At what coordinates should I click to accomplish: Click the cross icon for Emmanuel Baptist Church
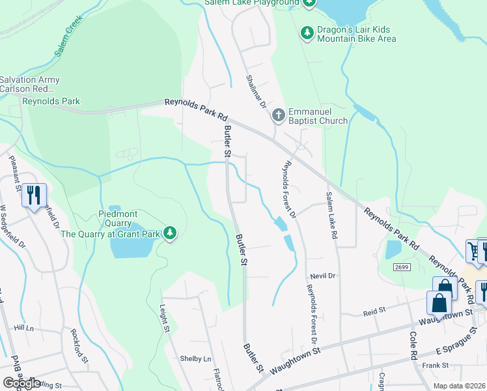click(278, 116)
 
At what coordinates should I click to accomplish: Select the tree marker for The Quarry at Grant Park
click(170, 233)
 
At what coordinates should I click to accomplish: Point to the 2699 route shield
click(402, 267)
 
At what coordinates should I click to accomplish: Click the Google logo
click(21, 383)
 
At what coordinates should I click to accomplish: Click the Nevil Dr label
click(322, 276)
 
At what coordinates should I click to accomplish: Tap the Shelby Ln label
click(196, 359)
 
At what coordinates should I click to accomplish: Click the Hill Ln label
click(23, 328)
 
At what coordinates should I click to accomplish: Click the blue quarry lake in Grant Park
click(130, 247)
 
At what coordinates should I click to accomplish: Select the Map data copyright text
click(459, 386)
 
